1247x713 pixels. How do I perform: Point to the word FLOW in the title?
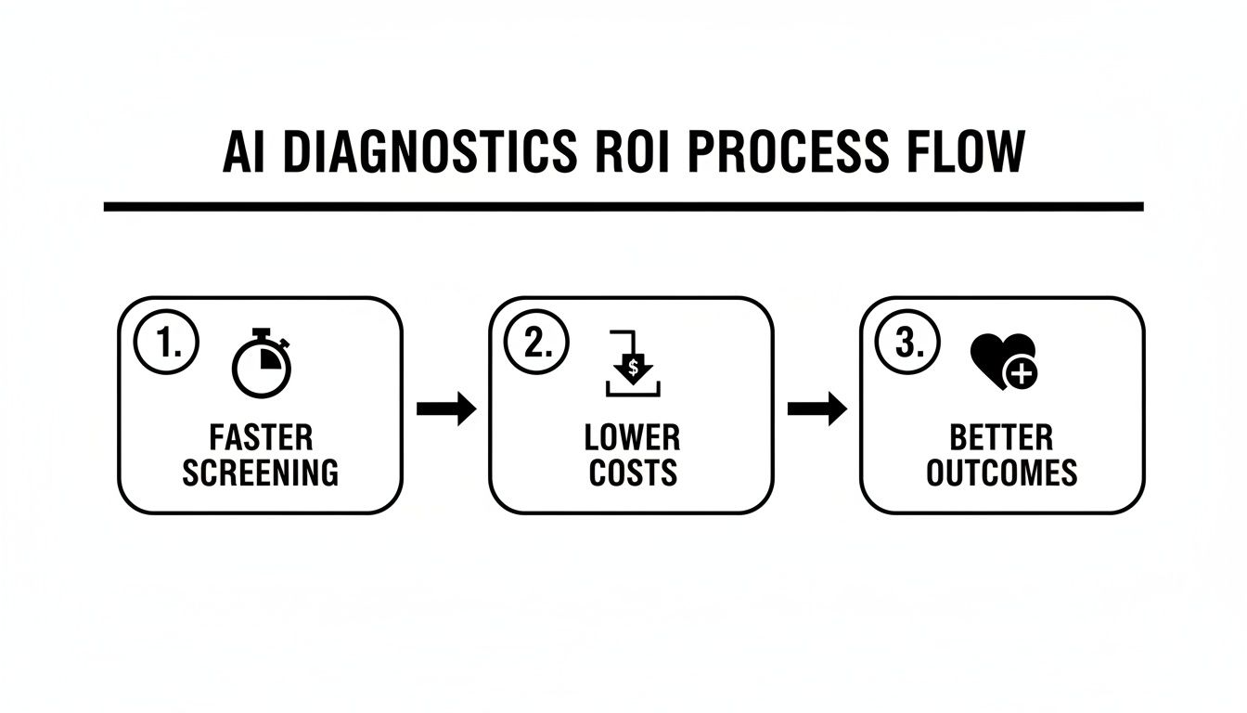coord(970,153)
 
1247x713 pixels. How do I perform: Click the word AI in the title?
coord(246,153)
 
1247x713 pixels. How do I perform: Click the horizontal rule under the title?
coord(623,206)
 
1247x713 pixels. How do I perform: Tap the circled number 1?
coord(167,344)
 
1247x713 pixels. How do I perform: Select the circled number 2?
coord(537,344)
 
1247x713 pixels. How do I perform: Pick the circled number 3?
coord(908,344)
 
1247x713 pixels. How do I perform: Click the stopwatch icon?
coord(262,363)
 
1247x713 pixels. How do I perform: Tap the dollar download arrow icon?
coord(633,365)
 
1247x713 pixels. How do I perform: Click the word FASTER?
coord(261,437)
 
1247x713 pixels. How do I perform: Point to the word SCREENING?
coord(261,473)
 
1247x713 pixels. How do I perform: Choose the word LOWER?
coord(632,437)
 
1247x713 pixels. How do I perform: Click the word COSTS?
coord(632,473)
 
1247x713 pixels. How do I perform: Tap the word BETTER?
coord(1001,437)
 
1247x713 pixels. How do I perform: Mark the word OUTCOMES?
coord(1001,473)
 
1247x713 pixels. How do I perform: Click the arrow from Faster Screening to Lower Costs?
coord(446,408)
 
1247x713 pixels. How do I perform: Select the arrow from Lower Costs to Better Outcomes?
coord(816,408)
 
